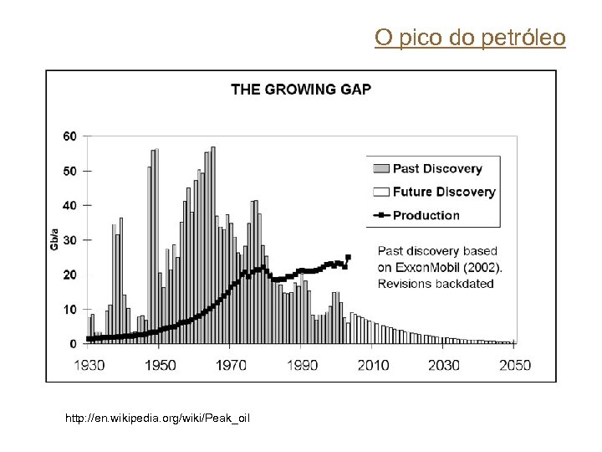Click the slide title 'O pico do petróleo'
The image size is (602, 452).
pos(470,38)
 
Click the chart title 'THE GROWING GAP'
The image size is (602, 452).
pos(301,90)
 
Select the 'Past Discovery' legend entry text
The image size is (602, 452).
pos(437,168)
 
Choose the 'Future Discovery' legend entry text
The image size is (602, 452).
pos(444,192)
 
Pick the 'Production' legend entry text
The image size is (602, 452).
pos(426,215)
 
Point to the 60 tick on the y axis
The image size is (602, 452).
pos(70,136)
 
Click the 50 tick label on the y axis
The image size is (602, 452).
pos(70,171)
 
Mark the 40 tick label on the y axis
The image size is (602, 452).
pos(70,205)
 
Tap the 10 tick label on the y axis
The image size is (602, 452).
pos(70,310)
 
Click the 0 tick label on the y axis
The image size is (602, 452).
pos(74,344)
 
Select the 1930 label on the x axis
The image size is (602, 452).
pos(89,365)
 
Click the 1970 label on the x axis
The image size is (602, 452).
pos(232,365)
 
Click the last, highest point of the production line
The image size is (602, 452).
pos(348,257)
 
